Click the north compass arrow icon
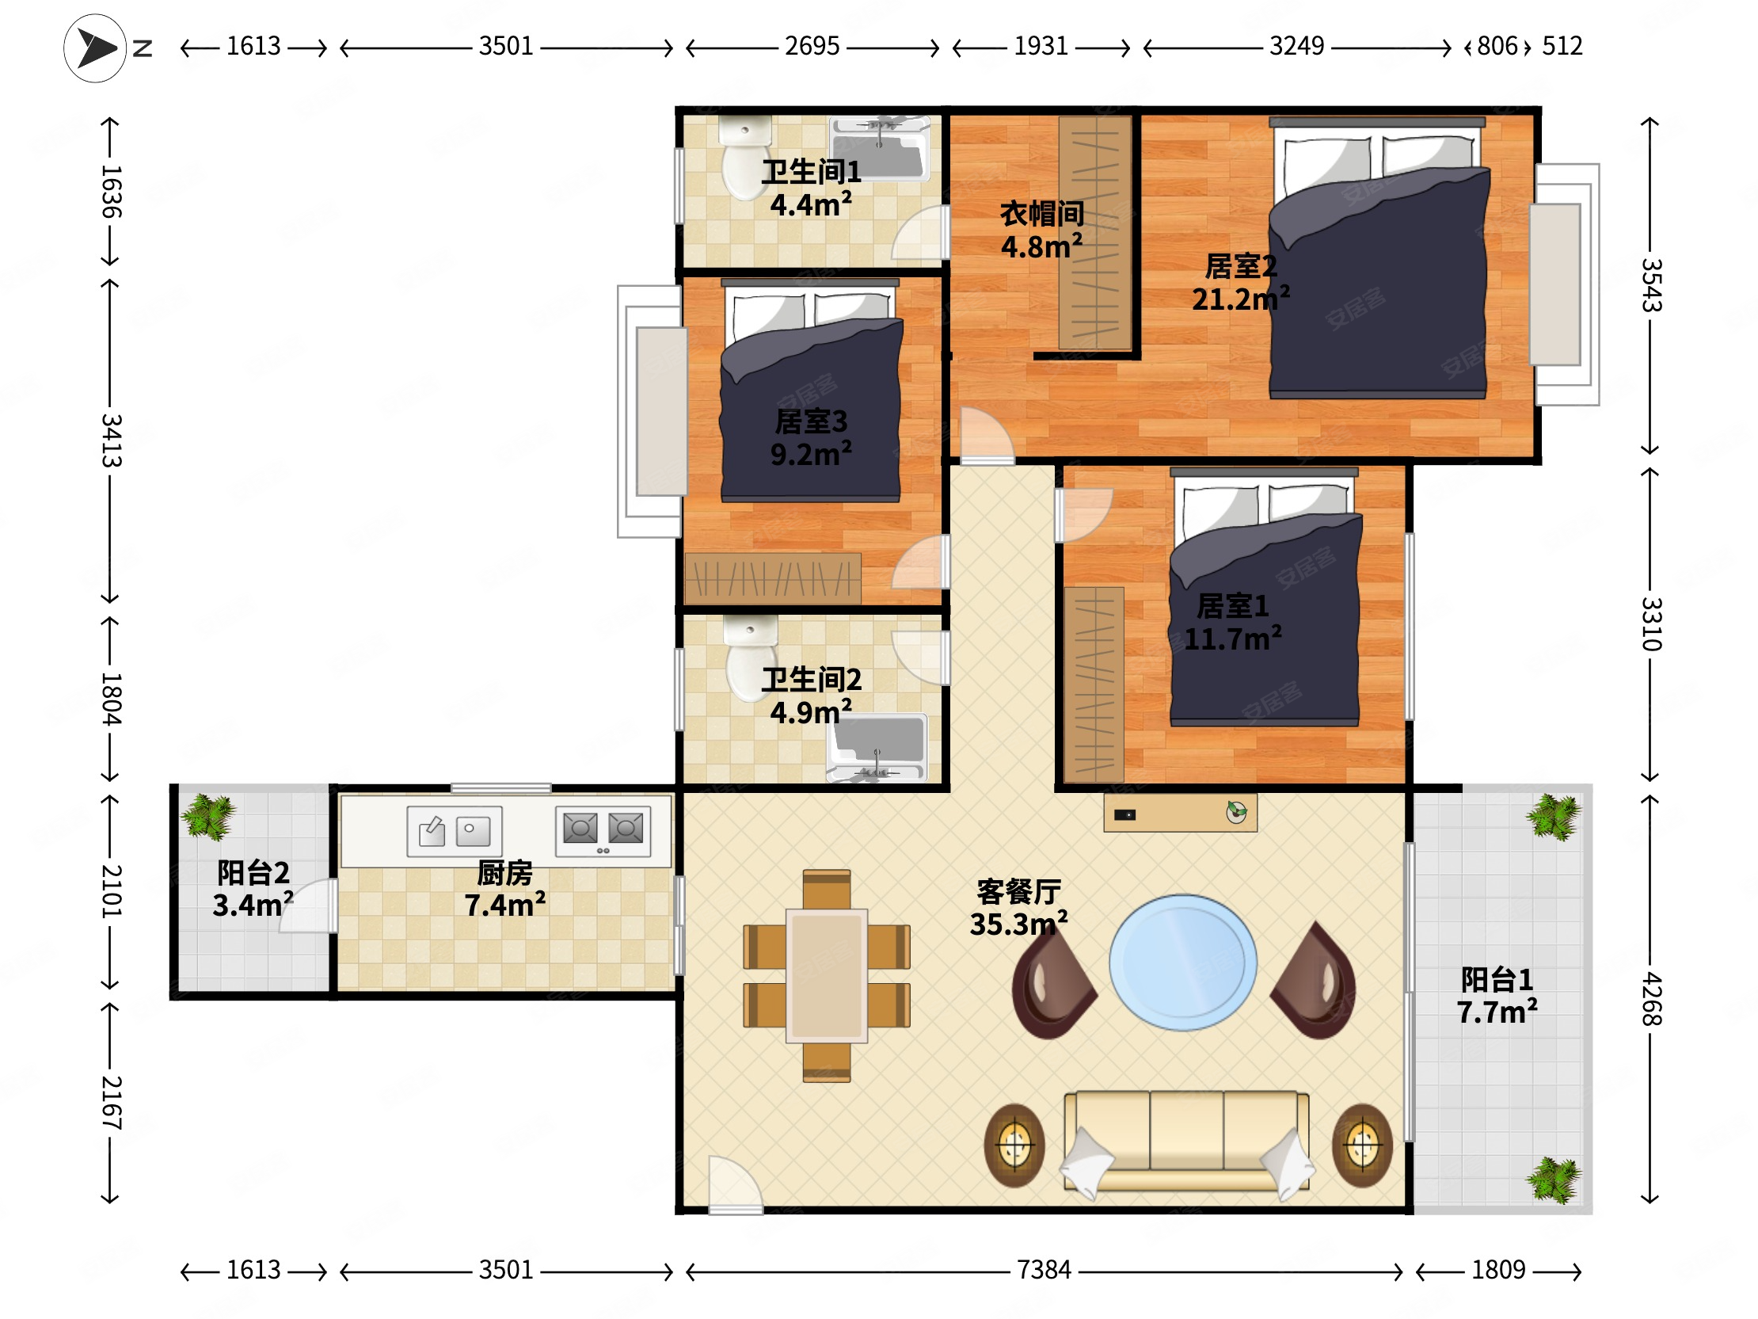[x=95, y=48]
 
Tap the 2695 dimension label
[x=812, y=46]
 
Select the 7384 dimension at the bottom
[x=1044, y=1270]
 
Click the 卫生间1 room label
[x=811, y=172]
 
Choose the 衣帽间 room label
[x=1042, y=213]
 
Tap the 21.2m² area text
[x=1240, y=299]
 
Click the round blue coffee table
[x=1182, y=963]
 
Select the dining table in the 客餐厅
[x=827, y=975]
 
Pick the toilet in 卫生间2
[x=750, y=658]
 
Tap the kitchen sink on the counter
[x=455, y=831]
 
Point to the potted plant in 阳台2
[x=208, y=817]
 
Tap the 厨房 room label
[x=504, y=873]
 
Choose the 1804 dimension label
[x=111, y=699]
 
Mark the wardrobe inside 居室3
[x=773, y=578]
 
